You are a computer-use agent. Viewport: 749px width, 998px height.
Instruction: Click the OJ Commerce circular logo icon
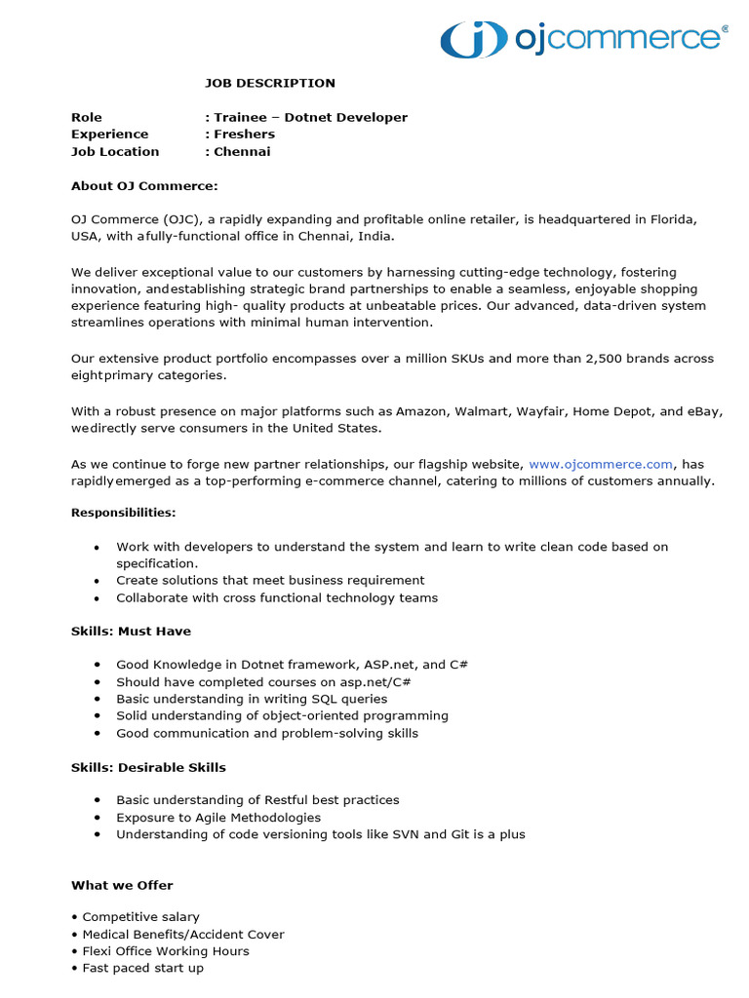(x=474, y=38)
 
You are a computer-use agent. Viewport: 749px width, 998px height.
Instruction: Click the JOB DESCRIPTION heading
(x=269, y=83)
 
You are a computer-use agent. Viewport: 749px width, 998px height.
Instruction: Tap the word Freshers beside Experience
(x=245, y=134)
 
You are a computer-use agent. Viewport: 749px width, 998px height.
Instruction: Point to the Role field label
(x=86, y=117)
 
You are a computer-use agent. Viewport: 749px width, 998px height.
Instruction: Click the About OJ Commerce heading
(x=144, y=185)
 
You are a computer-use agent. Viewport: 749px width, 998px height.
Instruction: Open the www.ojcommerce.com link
(x=601, y=464)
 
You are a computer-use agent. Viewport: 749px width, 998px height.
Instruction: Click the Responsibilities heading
(x=124, y=512)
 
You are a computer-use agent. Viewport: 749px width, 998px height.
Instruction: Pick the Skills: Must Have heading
(x=131, y=631)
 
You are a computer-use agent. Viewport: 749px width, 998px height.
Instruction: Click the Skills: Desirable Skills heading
(x=148, y=767)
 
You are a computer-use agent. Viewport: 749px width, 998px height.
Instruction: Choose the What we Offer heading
(x=122, y=885)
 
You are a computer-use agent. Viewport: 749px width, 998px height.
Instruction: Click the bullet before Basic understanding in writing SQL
(x=97, y=699)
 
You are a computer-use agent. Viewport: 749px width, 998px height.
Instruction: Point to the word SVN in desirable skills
(x=405, y=834)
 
